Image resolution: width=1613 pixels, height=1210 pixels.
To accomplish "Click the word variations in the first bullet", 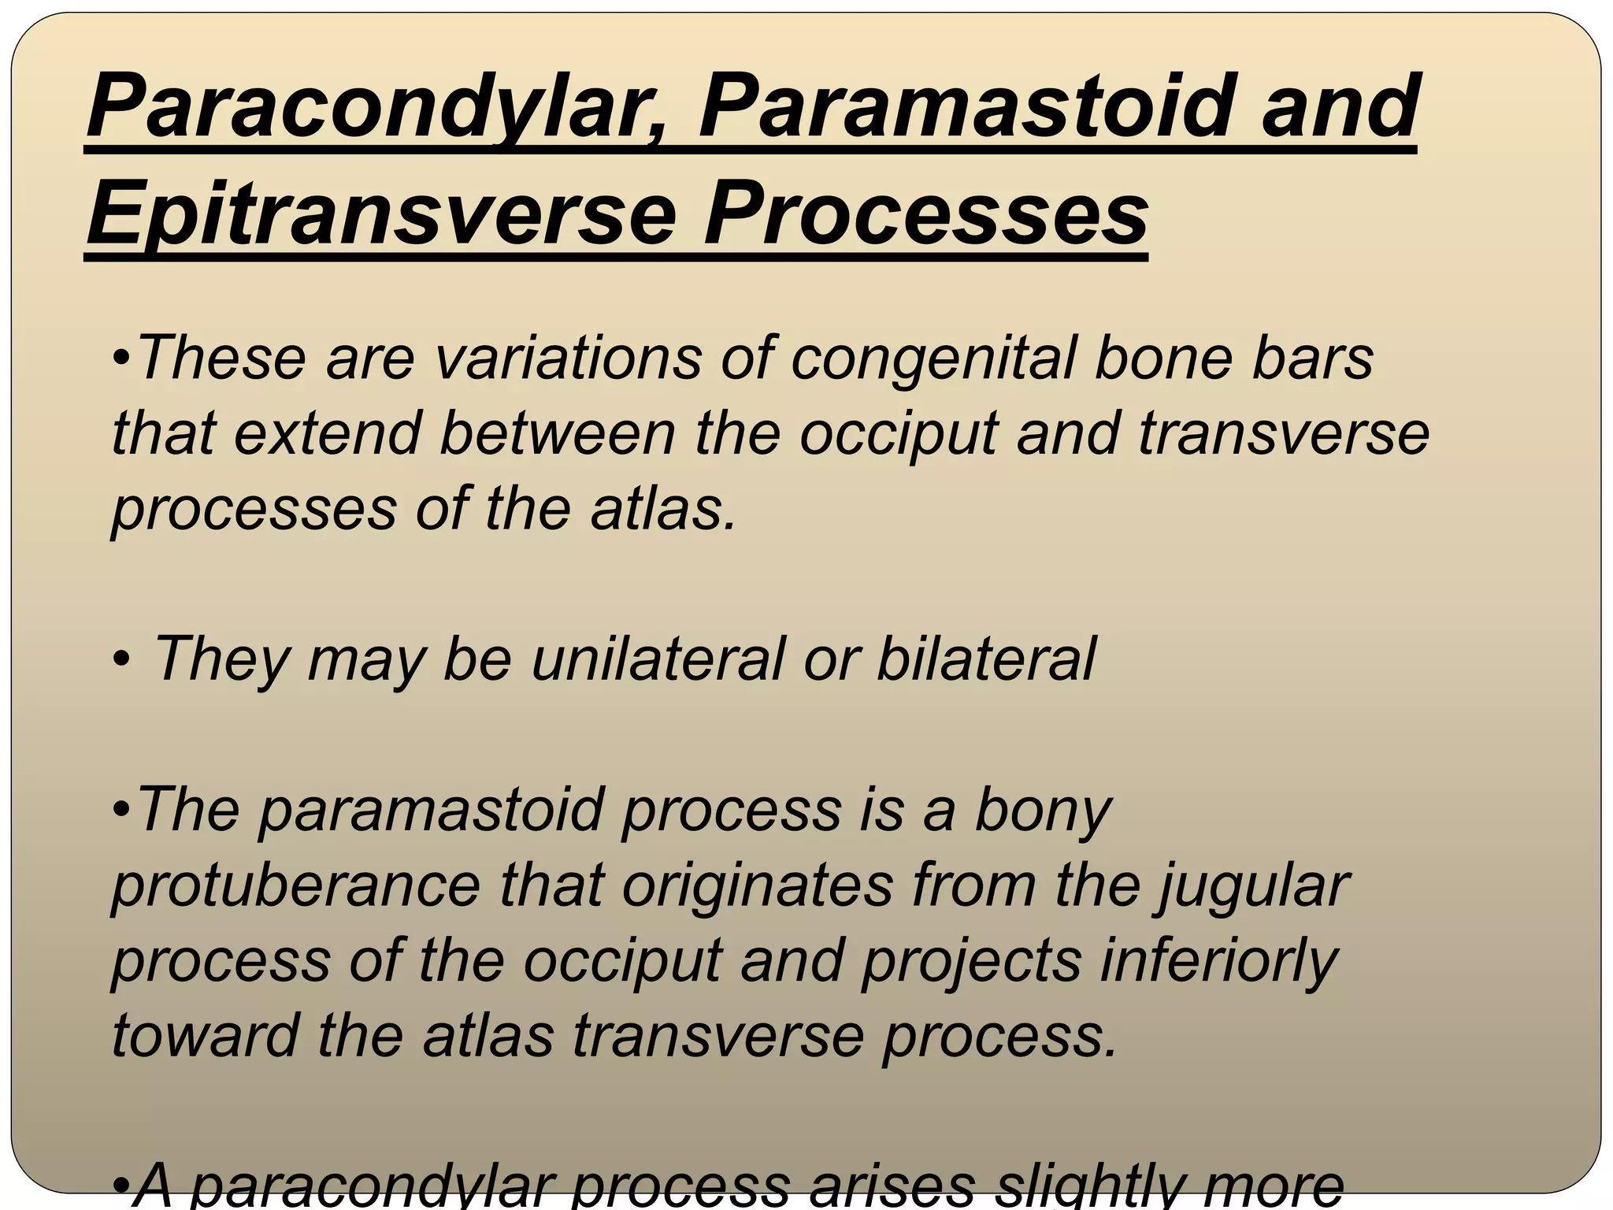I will [x=567, y=358].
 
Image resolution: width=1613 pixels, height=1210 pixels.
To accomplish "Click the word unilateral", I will [x=658, y=659].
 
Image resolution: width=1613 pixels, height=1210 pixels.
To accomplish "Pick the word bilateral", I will [x=985, y=659].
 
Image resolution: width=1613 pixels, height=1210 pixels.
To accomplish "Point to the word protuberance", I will [x=295, y=885].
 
